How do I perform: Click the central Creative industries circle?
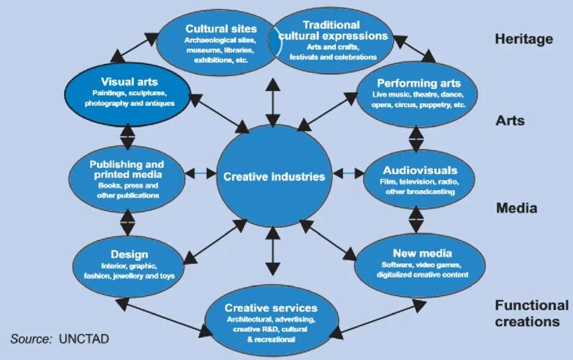[274, 177]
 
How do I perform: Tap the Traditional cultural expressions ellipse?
[334, 40]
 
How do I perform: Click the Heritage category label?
[524, 39]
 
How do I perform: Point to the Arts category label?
[510, 121]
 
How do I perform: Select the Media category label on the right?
[516, 208]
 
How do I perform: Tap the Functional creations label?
[532, 313]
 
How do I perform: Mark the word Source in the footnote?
[30, 338]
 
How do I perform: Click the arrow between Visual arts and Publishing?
[127, 136]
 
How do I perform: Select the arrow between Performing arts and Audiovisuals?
[417, 138]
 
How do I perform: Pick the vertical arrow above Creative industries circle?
[272, 101]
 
